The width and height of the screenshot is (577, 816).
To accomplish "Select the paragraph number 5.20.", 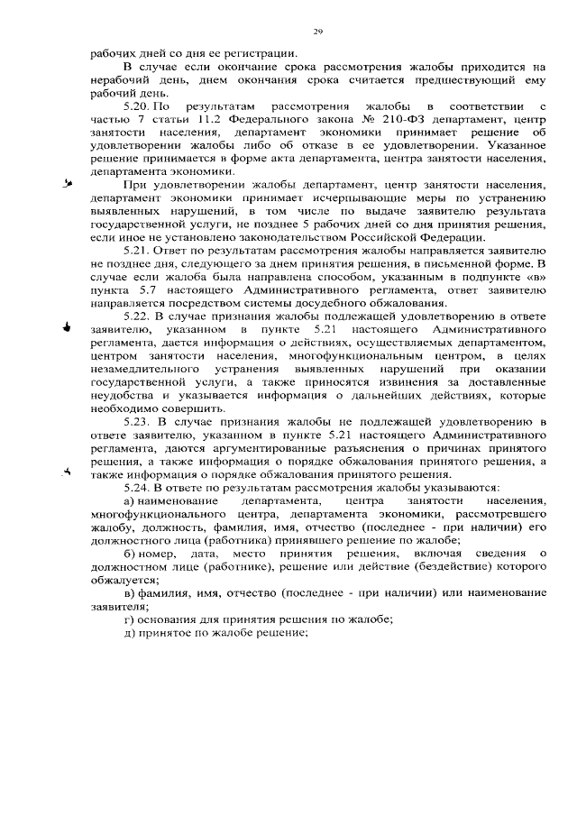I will pyautogui.click(x=136, y=106).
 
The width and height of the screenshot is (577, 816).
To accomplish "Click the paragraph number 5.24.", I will pyautogui.click(x=138, y=487).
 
